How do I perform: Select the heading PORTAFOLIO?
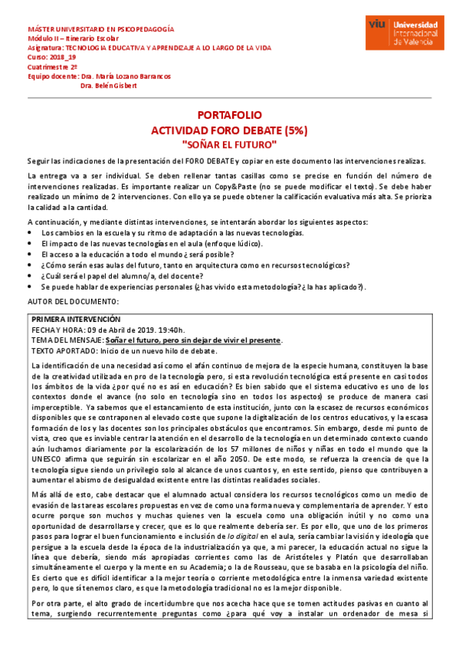coord(230,115)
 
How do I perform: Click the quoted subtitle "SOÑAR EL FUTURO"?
coord(230,144)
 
